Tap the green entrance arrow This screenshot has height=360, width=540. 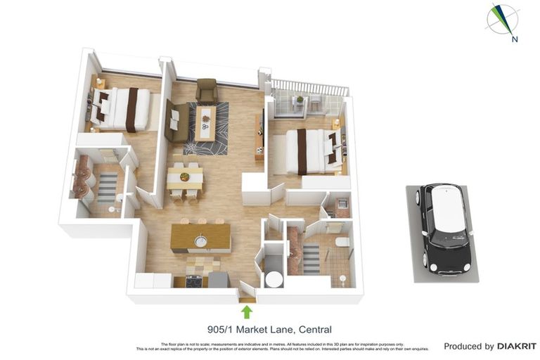pos(246,311)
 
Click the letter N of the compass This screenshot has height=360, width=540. pos(515,39)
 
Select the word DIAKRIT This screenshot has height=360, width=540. pos(517,346)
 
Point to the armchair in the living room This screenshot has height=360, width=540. pos(207,90)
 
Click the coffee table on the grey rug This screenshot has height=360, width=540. pos(205,122)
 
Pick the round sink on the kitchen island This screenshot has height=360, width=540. pos(200,242)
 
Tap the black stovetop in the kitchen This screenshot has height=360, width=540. pos(193,281)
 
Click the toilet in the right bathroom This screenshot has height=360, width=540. pos(342,243)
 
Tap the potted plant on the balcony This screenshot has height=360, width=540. pos(300,101)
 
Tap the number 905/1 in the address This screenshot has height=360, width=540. pos(221,329)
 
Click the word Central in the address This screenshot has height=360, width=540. pos(315,329)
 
